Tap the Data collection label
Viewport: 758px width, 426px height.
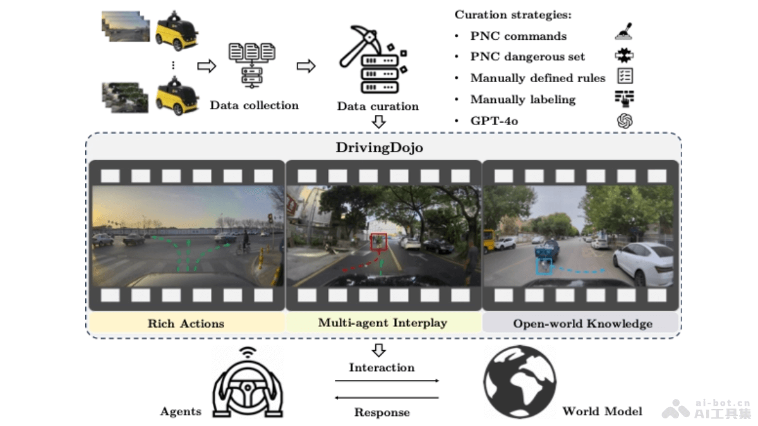click(x=254, y=105)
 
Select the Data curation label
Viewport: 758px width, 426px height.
click(x=378, y=106)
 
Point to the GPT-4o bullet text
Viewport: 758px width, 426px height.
click(x=494, y=121)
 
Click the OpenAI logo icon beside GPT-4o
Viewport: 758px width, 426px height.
click(x=624, y=121)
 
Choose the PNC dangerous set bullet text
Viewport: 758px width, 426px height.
click(x=527, y=57)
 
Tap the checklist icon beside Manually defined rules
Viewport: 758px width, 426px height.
click(x=624, y=77)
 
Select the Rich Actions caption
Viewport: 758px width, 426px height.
click(x=186, y=324)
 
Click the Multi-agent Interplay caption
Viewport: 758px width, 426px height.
click(x=382, y=323)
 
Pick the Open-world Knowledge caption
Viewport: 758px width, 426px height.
click(x=582, y=324)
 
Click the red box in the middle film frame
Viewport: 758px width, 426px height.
click(x=379, y=241)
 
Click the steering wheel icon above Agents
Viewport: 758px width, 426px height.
click(x=245, y=385)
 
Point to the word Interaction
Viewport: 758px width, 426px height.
click(x=382, y=367)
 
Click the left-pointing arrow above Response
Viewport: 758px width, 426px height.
click(x=386, y=398)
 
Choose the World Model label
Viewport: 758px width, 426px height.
click(x=602, y=411)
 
